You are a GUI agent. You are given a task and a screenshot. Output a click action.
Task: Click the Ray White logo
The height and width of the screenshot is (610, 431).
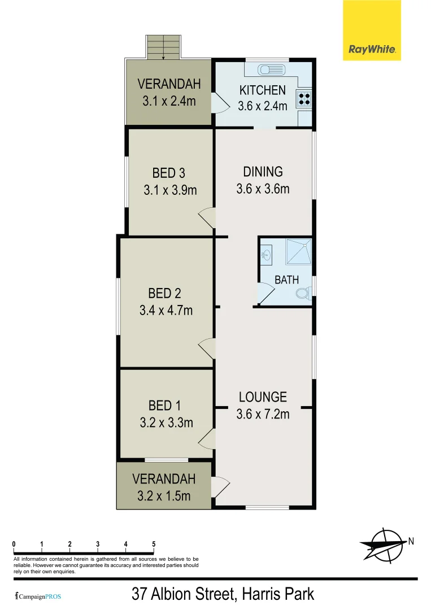(x=372, y=30)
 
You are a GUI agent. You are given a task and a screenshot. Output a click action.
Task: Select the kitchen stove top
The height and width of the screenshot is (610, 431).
(x=304, y=99)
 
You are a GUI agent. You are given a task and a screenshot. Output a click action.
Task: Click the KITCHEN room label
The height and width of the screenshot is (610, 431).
(x=263, y=90)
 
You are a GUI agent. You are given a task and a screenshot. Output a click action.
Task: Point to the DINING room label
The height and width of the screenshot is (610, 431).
(x=263, y=172)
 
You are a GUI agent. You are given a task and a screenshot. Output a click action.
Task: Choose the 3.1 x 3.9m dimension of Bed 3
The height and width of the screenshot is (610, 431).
(x=170, y=190)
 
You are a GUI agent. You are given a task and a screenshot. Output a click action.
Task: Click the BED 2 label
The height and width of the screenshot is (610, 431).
(x=164, y=293)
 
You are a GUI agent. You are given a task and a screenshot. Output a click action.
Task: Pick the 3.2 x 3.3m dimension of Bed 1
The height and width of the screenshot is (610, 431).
(x=167, y=422)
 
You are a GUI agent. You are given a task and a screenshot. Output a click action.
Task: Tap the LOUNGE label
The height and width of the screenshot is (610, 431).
(x=263, y=397)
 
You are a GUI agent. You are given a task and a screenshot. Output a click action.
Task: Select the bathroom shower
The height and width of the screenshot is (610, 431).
(x=298, y=252)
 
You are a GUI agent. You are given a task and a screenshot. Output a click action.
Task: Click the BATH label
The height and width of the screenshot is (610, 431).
(x=287, y=280)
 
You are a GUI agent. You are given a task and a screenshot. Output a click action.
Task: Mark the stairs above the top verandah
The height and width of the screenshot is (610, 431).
(x=164, y=47)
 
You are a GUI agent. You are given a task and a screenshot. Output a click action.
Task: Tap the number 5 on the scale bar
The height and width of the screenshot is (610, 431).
(x=154, y=544)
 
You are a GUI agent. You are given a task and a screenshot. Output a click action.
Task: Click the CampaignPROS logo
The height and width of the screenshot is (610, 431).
(x=38, y=596)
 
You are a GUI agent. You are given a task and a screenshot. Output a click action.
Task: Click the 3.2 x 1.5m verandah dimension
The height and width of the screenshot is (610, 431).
(x=164, y=496)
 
